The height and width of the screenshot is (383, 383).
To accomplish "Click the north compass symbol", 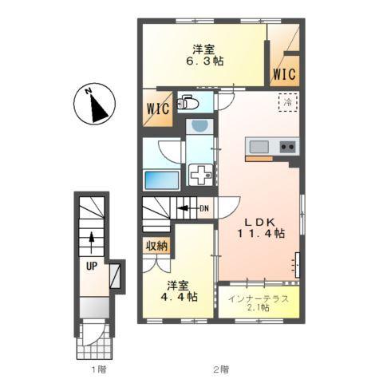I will click(x=95, y=104).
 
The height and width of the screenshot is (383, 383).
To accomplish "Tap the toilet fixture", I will click(x=188, y=102).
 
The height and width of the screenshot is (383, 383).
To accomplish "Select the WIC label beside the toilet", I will click(x=156, y=109).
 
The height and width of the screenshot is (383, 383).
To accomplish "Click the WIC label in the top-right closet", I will click(x=283, y=74).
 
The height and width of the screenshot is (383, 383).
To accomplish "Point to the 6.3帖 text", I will click(x=203, y=61).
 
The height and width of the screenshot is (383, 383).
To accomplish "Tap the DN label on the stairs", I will click(x=204, y=209).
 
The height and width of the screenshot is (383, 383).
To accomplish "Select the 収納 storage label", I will click(x=156, y=246).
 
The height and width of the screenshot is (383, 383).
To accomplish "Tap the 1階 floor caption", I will click(x=98, y=369).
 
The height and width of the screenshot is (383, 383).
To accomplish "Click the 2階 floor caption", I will click(x=220, y=369).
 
